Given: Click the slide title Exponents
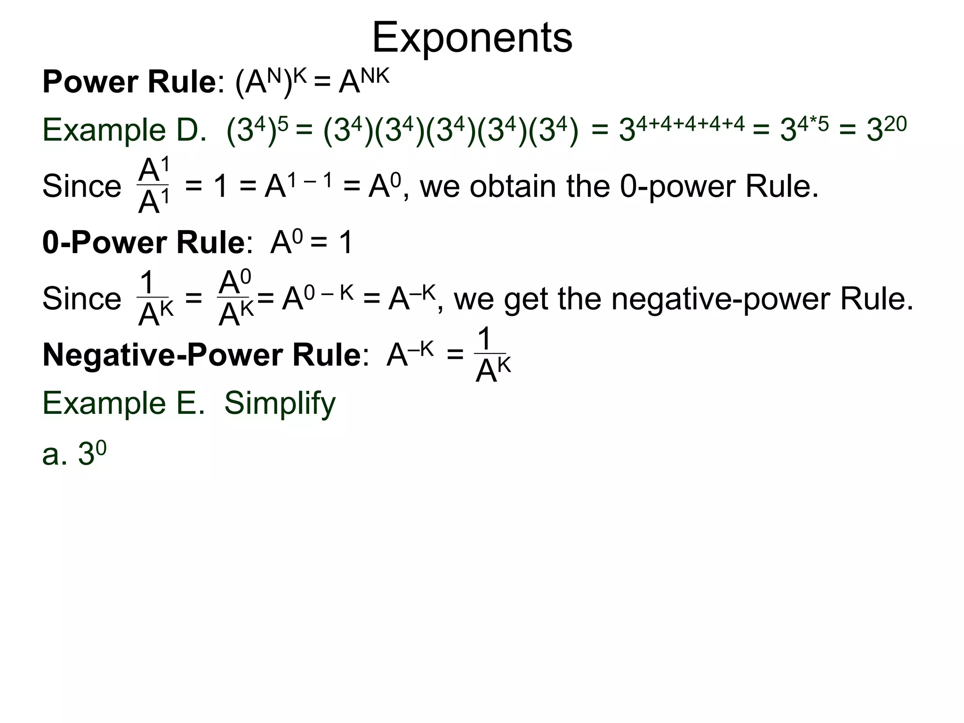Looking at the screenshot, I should click(472, 38).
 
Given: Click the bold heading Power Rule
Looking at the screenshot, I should click(129, 82).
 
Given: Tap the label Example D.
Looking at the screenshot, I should click(124, 130).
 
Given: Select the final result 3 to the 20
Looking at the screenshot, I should click(886, 129).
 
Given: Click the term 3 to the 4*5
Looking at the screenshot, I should click(804, 129).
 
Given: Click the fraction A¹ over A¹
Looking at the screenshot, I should click(153, 186).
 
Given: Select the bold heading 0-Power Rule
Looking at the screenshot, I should click(143, 243).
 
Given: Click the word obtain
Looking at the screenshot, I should click(514, 186).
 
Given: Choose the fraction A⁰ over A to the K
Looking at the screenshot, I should click(236, 298).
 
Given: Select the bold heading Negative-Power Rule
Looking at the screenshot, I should click(201, 355).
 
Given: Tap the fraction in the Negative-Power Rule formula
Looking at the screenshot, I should click(492, 356).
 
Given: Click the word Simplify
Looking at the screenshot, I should click(280, 403).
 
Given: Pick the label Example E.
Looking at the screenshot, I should click(123, 403).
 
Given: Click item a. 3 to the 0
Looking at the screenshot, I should click(74, 454).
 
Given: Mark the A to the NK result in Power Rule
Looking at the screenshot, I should click(364, 81).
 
